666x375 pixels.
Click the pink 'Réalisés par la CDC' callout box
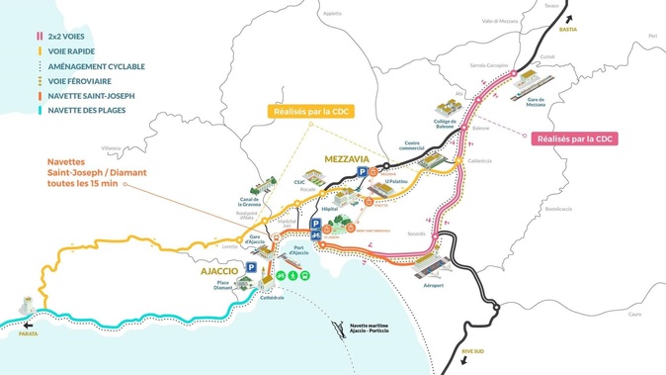(574, 140)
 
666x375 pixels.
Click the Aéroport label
(433, 285)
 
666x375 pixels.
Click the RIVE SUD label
(474, 350)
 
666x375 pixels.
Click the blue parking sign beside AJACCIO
(252, 268)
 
